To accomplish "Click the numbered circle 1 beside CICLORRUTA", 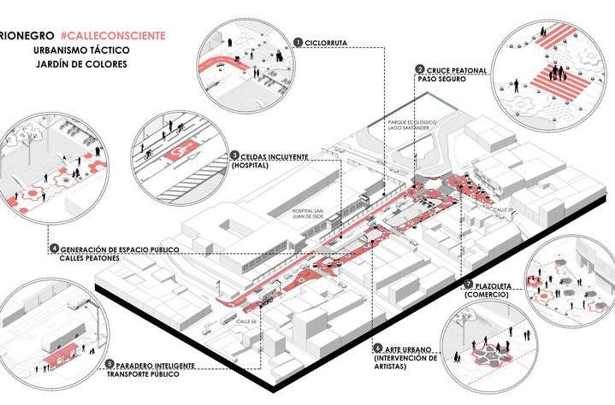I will click(296, 41).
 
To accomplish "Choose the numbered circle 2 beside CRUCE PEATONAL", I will click(420, 69).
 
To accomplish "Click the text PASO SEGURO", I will click(441, 79).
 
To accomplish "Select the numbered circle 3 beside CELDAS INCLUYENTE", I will click(234, 156).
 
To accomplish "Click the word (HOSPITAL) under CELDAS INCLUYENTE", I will click(250, 167).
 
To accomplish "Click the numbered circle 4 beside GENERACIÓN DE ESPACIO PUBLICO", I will click(54, 249).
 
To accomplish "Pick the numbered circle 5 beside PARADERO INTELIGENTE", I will click(109, 365).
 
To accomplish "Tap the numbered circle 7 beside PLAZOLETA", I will click(467, 284).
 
